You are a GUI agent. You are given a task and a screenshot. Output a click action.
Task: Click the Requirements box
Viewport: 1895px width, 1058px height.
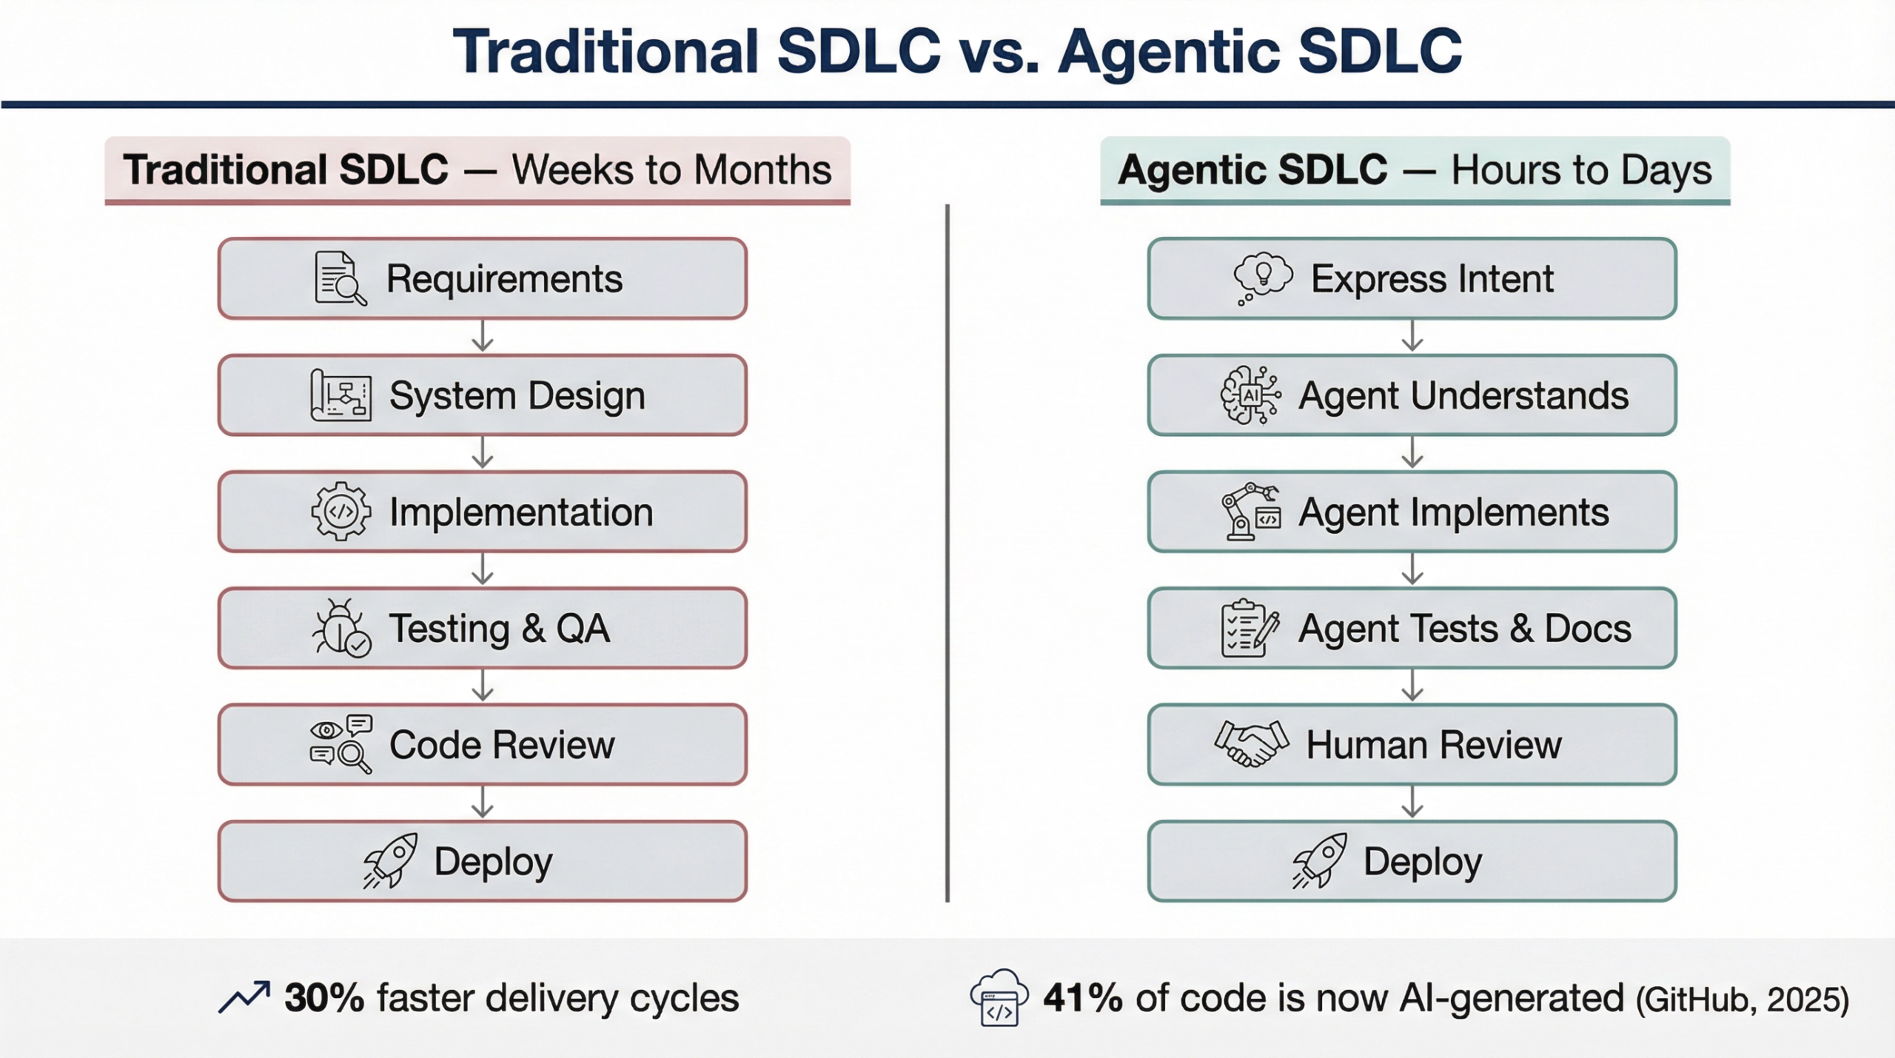coord(482,278)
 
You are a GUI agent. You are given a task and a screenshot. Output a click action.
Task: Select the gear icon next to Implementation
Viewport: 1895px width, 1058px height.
coord(341,512)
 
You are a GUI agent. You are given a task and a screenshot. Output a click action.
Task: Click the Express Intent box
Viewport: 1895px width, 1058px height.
coord(1412,278)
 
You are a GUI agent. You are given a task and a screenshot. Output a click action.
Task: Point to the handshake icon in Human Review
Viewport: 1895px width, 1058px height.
coord(1251,743)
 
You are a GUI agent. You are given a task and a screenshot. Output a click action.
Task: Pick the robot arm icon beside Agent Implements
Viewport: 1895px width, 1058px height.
coord(1251,512)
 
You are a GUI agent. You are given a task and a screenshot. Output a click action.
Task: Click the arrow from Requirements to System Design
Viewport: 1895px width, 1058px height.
coord(483,335)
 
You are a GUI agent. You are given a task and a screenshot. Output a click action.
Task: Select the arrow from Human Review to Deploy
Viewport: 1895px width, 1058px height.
coord(1412,802)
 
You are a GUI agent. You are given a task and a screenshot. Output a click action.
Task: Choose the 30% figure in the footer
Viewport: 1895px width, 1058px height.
coord(324,998)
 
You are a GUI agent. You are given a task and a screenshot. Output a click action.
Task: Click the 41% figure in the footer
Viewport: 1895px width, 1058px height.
coord(1083,998)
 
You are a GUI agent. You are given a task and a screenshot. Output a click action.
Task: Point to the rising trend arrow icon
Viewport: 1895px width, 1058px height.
coord(244,997)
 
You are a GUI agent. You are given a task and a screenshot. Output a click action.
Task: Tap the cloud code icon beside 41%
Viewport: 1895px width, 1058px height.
coord(999,997)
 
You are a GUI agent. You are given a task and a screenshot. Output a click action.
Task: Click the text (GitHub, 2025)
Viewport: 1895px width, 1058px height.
coord(1743,1000)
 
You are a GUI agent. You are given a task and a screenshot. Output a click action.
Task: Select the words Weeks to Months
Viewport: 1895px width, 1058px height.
coord(671,170)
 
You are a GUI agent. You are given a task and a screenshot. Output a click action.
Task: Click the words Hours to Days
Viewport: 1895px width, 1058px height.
coord(1581,170)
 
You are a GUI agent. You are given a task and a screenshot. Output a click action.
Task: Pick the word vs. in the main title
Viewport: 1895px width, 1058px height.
coord(999,52)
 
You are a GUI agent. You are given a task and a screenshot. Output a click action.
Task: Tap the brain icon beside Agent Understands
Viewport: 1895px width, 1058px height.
coord(1251,395)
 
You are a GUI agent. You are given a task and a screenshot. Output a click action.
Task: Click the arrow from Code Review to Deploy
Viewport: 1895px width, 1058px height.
coord(483,802)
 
